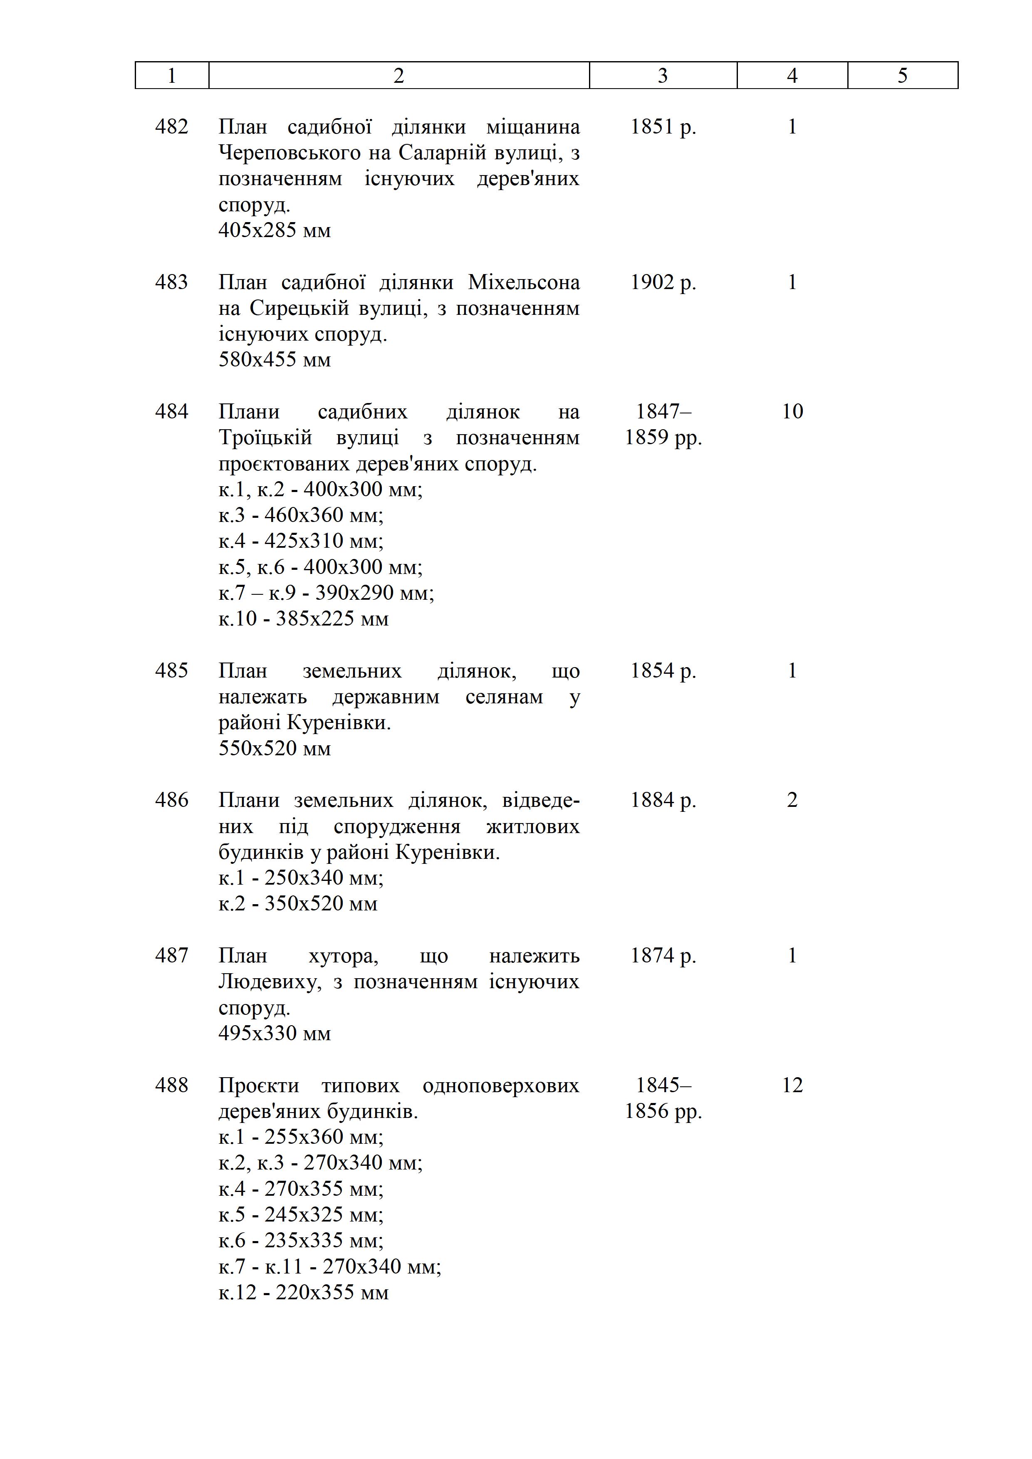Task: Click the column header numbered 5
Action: [902, 76]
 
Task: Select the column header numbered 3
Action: [663, 76]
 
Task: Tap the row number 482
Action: [171, 127]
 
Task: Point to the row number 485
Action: [171, 671]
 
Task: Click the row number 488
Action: [171, 1086]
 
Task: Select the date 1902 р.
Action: [663, 282]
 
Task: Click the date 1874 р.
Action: [663, 956]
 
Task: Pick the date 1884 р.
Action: [663, 800]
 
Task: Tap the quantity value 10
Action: [792, 412]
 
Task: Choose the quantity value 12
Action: [792, 1086]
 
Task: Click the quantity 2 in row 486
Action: [792, 800]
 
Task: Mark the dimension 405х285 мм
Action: [275, 230]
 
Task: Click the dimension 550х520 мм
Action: [275, 749]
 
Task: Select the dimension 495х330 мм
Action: [275, 1033]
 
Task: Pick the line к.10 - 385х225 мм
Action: [303, 619]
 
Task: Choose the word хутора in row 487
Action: [343, 956]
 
